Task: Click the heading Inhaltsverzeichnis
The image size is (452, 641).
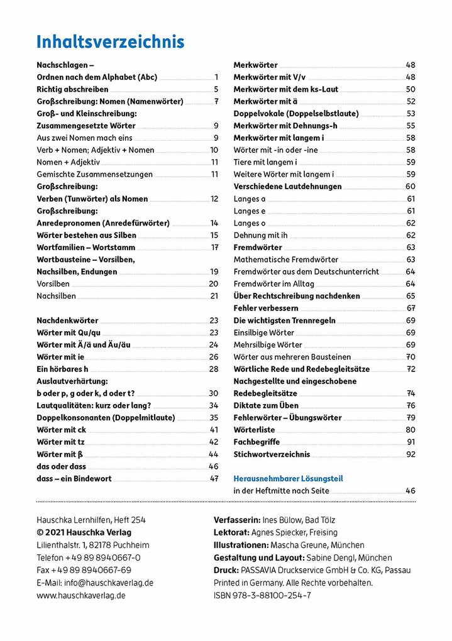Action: coord(111,42)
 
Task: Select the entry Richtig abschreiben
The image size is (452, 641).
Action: coord(72,89)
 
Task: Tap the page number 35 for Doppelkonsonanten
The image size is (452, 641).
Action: coord(214,417)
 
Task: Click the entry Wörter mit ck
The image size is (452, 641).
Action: coord(61,430)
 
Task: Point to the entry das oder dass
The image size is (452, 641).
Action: coord(61,466)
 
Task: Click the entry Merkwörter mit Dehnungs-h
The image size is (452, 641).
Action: coord(285,126)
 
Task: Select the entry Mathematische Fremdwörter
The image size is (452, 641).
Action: coord(286,260)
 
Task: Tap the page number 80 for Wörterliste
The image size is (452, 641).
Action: coord(411,430)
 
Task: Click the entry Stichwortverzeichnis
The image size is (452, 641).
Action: coord(272,454)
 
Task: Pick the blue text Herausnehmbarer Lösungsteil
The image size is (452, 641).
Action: coord(288,478)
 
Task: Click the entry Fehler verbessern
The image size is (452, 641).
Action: coord(266,308)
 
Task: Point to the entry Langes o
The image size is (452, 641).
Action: coord(250,223)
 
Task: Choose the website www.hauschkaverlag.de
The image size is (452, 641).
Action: coord(81,595)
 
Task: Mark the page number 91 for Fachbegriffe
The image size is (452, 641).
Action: coord(411,442)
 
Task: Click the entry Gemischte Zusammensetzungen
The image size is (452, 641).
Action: coord(94,174)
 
